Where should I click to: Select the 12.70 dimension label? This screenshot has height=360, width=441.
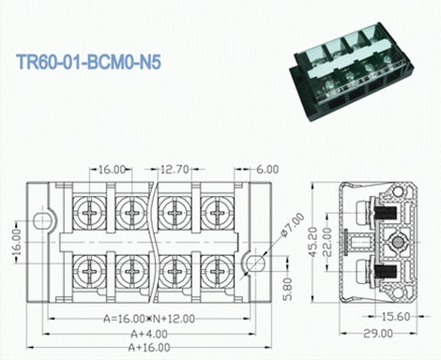[x=175, y=169]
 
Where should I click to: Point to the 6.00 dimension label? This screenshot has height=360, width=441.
[x=266, y=169]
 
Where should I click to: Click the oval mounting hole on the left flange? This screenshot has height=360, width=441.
[x=39, y=221]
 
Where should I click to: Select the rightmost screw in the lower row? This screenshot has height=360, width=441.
[x=215, y=273]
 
